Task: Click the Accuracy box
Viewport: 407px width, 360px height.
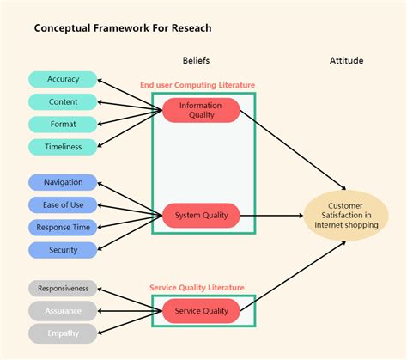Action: tap(64, 79)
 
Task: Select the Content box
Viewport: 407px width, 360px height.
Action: tap(64, 101)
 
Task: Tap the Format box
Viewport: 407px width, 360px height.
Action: tap(64, 124)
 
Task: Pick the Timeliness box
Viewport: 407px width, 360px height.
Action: tap(64, 147)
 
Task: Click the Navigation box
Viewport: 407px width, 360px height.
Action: tap(64, 182)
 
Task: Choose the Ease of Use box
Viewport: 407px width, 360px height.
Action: tap(64, 204)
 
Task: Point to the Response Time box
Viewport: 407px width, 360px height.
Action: tap(64, 228)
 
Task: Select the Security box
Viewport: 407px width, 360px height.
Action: tap(64, 250)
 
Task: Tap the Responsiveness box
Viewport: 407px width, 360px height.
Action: tap(64, 289)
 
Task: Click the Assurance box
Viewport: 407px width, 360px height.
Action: tap(64, 311)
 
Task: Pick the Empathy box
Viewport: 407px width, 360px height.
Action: tap(64, 333)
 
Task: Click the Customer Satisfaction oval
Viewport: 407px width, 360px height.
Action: tap(346, 215)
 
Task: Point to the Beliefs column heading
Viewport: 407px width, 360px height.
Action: tap(196, 61)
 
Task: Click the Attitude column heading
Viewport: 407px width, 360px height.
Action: tap(346, 61)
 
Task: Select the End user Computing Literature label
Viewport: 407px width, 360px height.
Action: tap(197, 85)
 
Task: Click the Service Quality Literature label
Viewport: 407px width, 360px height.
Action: tap(197, 288)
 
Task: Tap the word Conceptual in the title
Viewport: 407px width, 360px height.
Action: tap(63, 28)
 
